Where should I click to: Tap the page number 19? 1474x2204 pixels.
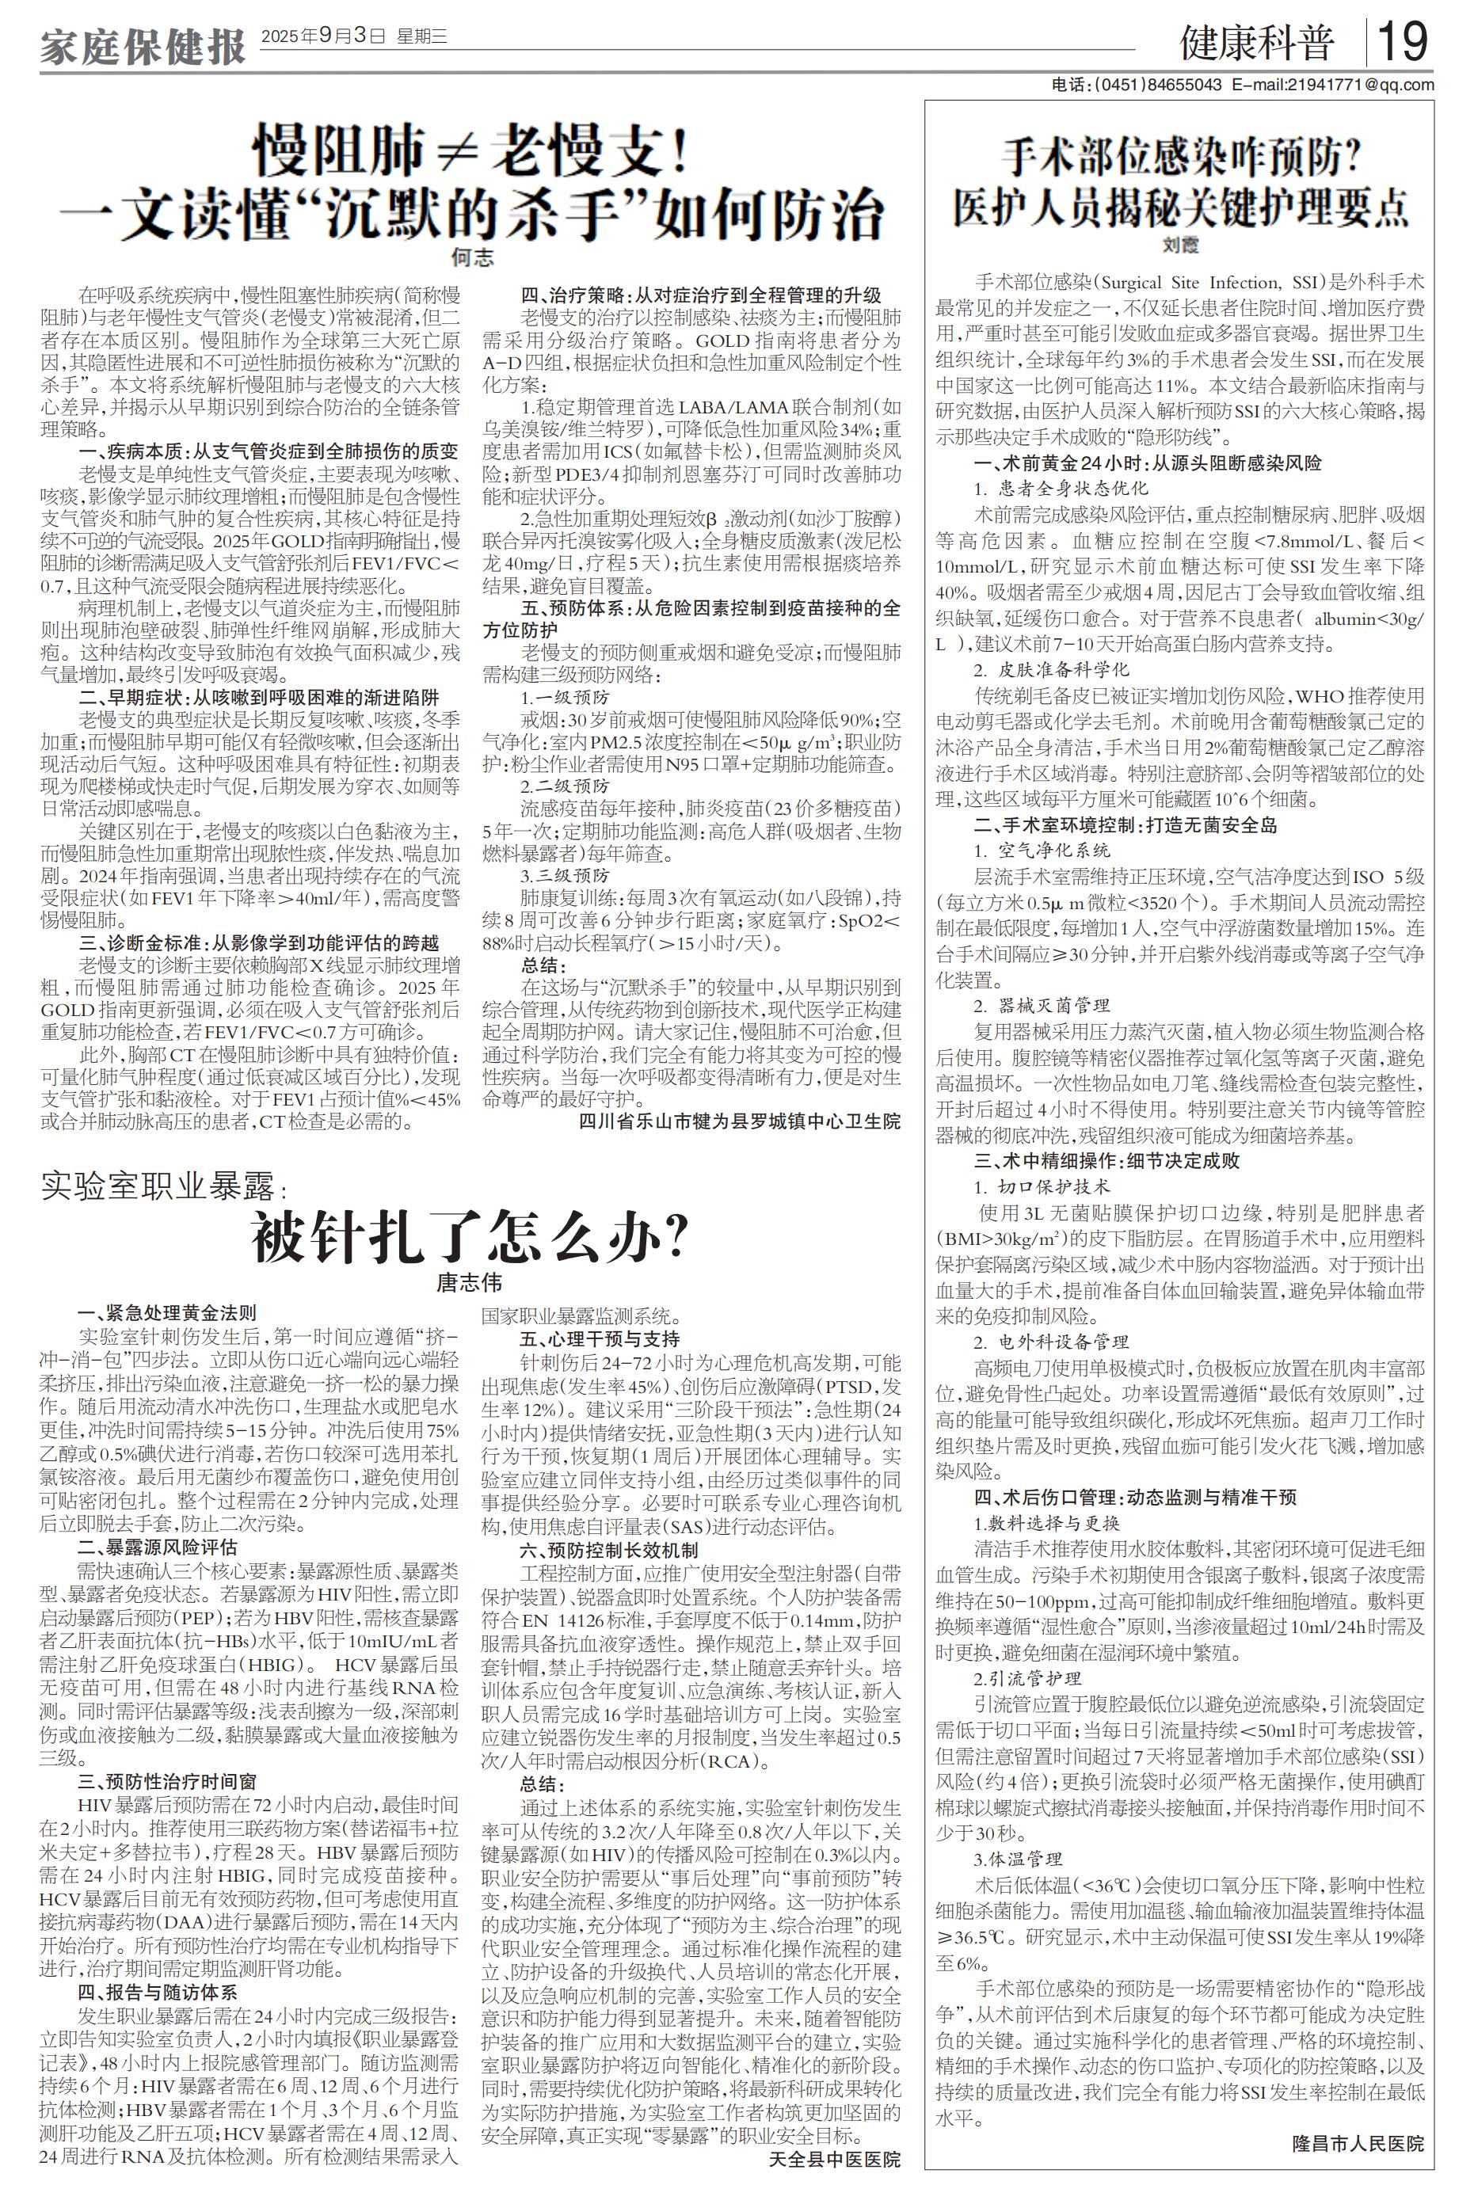click(1403, 41)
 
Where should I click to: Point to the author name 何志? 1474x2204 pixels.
click(472, 256)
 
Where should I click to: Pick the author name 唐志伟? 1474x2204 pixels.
click(469, 1282)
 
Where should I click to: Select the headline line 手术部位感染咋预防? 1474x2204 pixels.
click(1181, 156)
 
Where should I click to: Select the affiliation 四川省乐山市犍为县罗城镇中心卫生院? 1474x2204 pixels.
click(739, 1121)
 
